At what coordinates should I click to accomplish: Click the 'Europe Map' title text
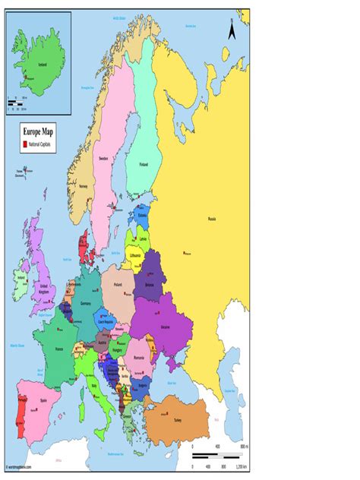pyautogui.click(x=38, y=131)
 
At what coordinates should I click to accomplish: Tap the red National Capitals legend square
pyautogui.click(x=24, y=144)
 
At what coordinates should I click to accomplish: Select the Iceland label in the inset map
pyautogui.click(x=31, y=65)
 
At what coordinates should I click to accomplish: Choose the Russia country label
pyautogui.click(x=212, y=219)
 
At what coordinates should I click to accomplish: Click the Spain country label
pyautogui.click(x=33, y=399)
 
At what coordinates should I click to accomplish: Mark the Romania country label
pyautogui.click(x=139, y=357)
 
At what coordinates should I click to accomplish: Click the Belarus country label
pyautogui.click(x=150, y=285)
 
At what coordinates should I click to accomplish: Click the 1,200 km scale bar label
pyautogui.click(x=240, y=465)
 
